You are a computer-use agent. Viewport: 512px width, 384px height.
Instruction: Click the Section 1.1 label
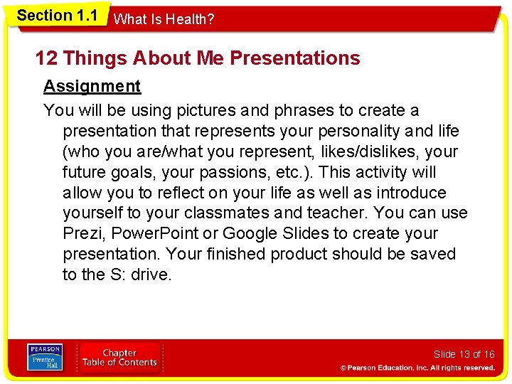57,16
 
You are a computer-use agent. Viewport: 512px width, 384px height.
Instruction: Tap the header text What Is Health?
164,20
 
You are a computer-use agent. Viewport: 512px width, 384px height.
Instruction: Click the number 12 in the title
47,58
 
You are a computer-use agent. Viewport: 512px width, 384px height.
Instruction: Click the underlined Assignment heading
92,87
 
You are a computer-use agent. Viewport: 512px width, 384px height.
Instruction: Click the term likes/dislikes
372,152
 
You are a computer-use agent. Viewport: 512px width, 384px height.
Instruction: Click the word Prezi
81,234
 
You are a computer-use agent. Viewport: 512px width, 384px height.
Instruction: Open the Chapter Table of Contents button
119,358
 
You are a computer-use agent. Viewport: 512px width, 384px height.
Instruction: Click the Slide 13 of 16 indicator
464,354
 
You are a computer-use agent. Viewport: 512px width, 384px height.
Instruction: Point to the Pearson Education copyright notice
417,368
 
